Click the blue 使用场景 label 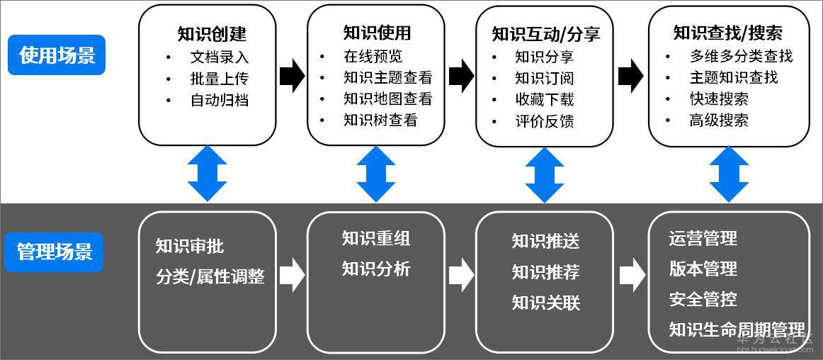point(57,55)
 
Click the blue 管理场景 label point(55,252)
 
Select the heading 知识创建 point(212,34)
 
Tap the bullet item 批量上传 point(220,79)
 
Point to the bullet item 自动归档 point(220,100)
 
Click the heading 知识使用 point(377,33)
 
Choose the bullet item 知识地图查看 point(387,99)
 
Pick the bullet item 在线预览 point(373,57)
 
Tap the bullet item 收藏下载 point(544,100)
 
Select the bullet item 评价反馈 point(544,121)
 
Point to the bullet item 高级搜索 point(719,120)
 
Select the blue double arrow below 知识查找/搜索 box point(729,174)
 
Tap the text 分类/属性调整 point(210,276)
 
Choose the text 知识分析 point(376,269)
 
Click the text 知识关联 point(546,303)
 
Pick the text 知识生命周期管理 point(737,330)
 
